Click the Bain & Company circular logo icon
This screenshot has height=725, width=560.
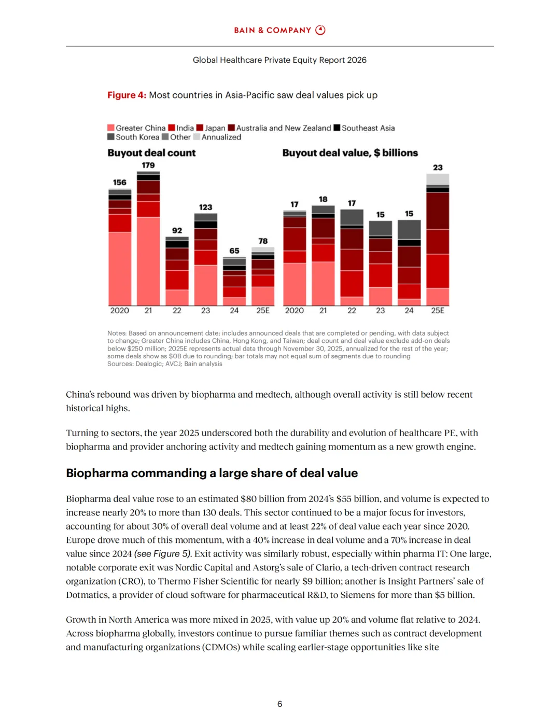coord(320,30)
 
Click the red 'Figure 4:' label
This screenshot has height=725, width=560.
coord(127,95)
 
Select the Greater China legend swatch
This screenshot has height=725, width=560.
coord(111,128)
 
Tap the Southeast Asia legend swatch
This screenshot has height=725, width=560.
coord(337,128)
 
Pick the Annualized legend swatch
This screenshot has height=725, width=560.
coord(197,137)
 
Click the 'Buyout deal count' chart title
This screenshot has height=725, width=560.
coord(151,153)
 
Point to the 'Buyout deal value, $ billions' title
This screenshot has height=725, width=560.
coord(350,153)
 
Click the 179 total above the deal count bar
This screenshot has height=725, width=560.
coord(148,165)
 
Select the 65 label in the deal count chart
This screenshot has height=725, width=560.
coord(234,251)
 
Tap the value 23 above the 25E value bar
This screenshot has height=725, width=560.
coord(438,168)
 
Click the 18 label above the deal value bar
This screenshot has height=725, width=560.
coord(323,199)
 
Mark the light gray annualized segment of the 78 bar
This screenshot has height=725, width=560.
coord(263,250)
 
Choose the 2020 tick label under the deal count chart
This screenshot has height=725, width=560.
coord(119,311)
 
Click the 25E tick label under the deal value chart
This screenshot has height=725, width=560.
coord(438,311)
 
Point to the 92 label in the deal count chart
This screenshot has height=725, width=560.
coord(177,231)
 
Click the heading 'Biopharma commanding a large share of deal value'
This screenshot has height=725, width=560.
coord(212,473)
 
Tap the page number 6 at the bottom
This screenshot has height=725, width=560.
coord(279,704)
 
